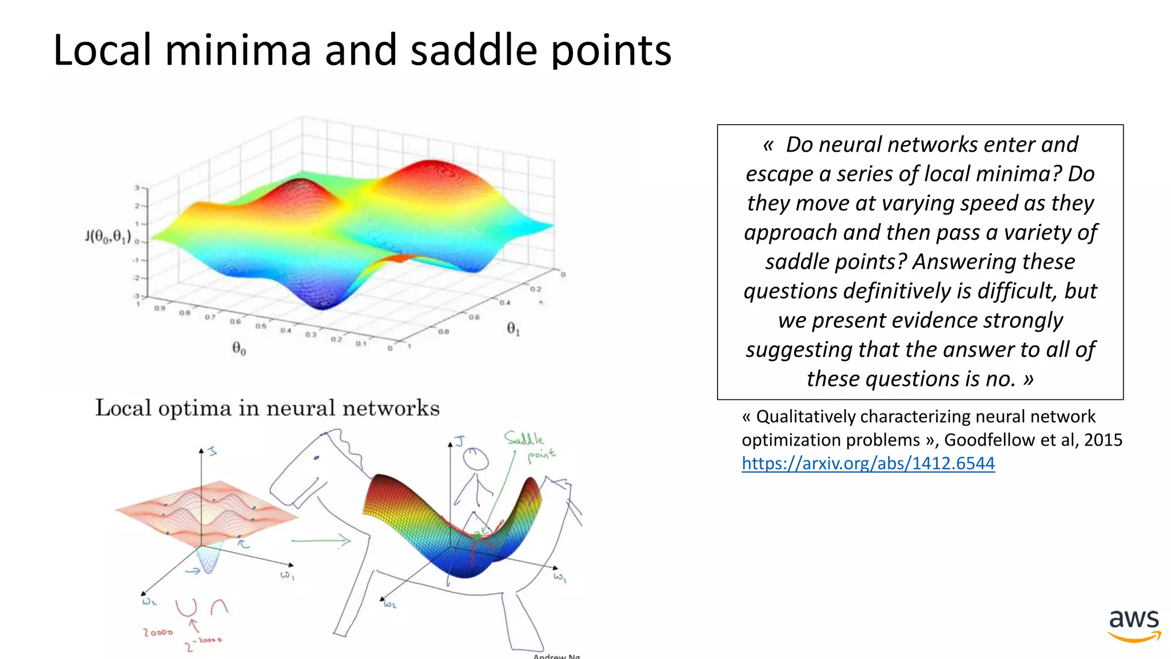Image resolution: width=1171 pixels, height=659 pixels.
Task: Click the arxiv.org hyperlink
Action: (x=867, y=463)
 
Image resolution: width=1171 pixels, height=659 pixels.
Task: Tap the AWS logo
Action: (x=1134, y=625)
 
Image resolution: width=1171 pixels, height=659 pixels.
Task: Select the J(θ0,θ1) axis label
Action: (x=108, y=236)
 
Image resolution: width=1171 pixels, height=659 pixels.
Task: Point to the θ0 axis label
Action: (x=239, y=348)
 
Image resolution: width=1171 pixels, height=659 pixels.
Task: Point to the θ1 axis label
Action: (x=513, y=329)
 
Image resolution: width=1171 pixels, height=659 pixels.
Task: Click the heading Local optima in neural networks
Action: (x=267, y=408)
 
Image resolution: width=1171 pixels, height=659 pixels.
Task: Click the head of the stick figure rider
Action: (x=476, y=459)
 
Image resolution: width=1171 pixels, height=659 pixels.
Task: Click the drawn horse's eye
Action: (x=316, y=458)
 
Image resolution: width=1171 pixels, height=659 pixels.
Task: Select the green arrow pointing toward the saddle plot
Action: (x=321, y=541)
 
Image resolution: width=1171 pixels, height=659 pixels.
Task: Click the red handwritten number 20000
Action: (x=158, y=633)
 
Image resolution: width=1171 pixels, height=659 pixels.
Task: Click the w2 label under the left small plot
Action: (x=149, y=601)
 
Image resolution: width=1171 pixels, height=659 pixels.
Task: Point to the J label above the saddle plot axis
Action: (x=460, y=441)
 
